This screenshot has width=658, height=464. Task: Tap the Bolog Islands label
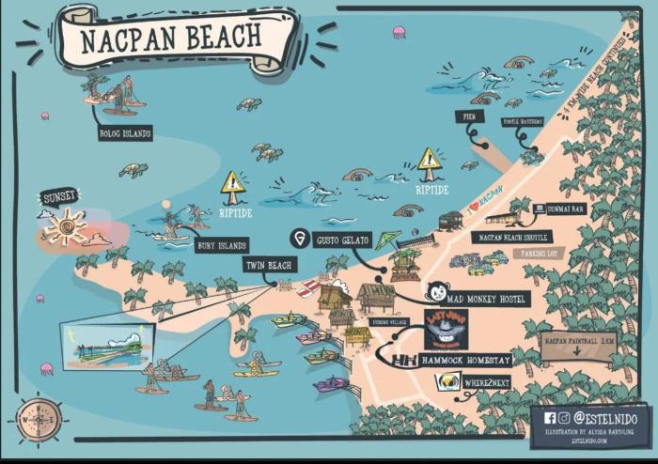tap(125, 133)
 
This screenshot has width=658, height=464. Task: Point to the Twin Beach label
tap(270, 265)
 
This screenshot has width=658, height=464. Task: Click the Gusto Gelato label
tap(342, 239)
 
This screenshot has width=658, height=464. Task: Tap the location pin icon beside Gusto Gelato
tap(300, 238)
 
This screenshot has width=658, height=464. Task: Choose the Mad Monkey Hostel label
tap(489, 299)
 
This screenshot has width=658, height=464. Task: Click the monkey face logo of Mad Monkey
tap(437, 292)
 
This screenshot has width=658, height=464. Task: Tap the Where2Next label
tap(486, 383)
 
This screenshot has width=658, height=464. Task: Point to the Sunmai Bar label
tap(568, 209)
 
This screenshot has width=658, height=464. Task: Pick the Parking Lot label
tap(539, 252)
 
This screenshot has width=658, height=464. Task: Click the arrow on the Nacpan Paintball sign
tap(577, 352)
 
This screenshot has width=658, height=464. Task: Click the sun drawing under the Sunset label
tap(65, 227)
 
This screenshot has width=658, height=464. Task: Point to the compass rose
tap(39, 419)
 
